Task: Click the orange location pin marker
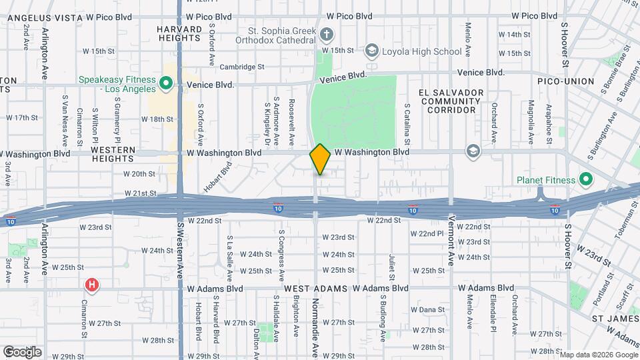click(x=320, y=159)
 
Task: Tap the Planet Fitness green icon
click(x=586, y=179)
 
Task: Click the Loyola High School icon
click(x=371, y=51)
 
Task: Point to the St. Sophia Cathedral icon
click(x=326, y=33)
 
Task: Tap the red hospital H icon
click(x=92, y=286)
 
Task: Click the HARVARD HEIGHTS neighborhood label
click(x=179, y=34)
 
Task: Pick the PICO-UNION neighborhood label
click(x=566, y=81)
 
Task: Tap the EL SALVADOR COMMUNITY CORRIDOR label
click(x=451, y=101)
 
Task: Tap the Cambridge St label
click(x=243, y=67)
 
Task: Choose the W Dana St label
click(x=427, y=309)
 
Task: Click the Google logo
click(x=22, y=351)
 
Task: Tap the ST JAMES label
click(x=615, y=319)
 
